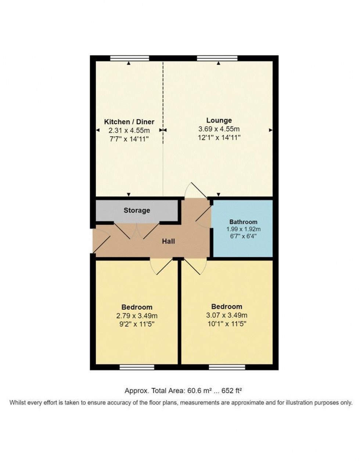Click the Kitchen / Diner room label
point(129,122)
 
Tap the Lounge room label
point(219,120)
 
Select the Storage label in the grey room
point(137,210)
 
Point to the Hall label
point(169,241)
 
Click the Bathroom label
point(243,222)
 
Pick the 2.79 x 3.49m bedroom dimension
point(137,316)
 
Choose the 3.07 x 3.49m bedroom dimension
point(227,315)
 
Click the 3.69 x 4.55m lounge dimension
point(219,129)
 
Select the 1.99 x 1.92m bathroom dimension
point(243,229)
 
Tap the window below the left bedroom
point(137,367)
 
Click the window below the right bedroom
point(227,367)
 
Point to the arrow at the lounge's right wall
point(271,130)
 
